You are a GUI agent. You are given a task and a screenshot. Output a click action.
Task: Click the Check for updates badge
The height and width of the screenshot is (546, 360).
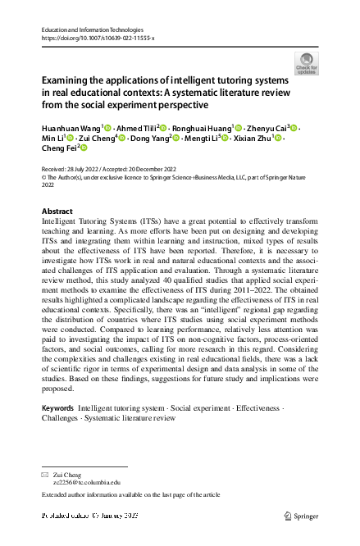click(307, 63)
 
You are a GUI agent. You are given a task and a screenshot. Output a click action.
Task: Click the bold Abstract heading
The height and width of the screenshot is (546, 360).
click(57, 211)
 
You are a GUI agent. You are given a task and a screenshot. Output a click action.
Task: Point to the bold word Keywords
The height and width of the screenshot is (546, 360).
click(57, 407)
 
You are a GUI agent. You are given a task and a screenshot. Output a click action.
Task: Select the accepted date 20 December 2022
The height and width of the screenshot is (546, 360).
click(161, 166)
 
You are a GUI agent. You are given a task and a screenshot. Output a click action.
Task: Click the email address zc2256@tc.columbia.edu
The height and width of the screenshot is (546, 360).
click(88, 484)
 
